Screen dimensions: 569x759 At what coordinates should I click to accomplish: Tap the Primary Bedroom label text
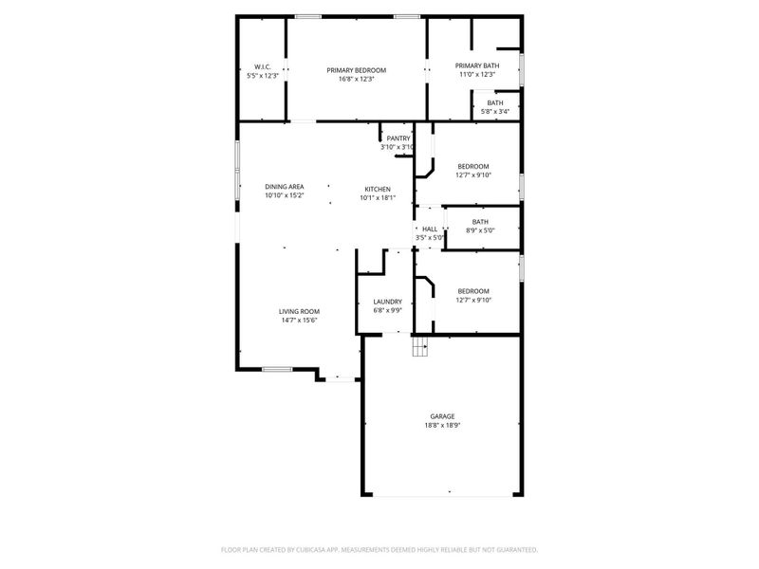(x=357, y=70)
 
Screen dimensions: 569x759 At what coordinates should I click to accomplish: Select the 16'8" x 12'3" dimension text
(x=357, y=79)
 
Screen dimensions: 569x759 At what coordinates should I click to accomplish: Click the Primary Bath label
(x=477, y=65)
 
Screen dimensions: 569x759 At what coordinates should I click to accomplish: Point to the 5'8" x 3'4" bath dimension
(x=495, y=112)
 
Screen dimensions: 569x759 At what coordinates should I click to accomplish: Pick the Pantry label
(x=398, y=138)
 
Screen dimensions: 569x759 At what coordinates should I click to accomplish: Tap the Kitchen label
(x=378, y=189)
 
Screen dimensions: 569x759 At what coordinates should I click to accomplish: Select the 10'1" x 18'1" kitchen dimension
(x=378, y=197)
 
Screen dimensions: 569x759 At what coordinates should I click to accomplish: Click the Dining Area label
(x=284, y=186)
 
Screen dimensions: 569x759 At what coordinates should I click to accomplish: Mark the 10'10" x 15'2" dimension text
(x=284, y=194)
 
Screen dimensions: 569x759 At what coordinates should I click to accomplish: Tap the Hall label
(x=430, y=229)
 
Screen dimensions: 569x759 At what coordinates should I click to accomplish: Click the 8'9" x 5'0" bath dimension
(x=480, y=230)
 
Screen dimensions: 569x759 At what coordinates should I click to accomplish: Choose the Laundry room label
(x=387, y=302)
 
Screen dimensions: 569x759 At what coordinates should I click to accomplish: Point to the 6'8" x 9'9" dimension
(x=387, y=310)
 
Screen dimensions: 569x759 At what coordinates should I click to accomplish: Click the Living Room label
(x=299, y=311)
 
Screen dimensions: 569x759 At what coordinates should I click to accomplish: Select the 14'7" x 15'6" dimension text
(x=299, y=321)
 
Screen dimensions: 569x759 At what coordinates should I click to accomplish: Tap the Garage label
(x=442, y=416)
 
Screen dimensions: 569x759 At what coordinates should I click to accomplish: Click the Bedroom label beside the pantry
(x=473, y=166)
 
